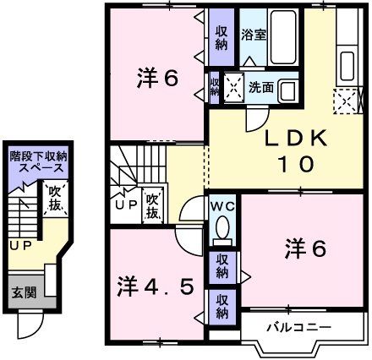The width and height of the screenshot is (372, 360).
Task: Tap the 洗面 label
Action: coord(261,86)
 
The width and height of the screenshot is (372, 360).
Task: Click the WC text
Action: coord(222,205)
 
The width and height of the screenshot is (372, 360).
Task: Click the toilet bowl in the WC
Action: coord(223,228)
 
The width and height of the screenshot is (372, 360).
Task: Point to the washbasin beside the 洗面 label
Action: coord(287,89)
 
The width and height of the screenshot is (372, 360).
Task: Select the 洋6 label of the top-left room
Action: coord(156,79)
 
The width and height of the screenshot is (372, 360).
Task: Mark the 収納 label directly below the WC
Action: coord(222,265)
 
